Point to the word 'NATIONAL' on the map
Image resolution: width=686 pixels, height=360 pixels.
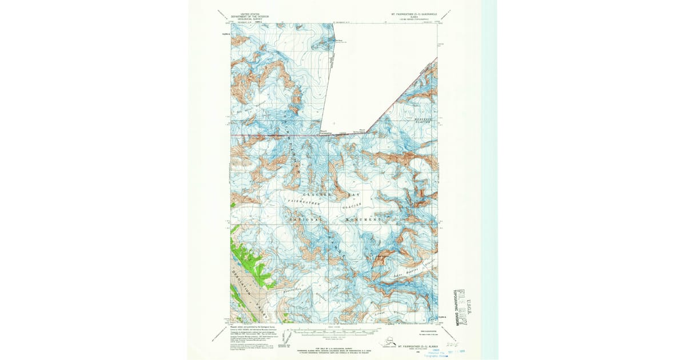tap(307, 219)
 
